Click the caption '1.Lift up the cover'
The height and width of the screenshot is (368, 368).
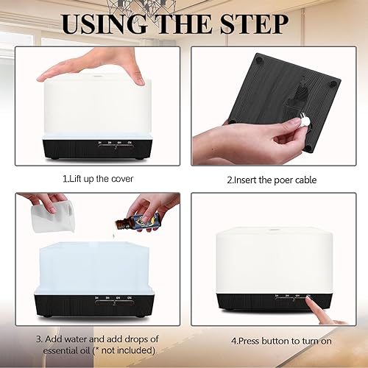point(94,178)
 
